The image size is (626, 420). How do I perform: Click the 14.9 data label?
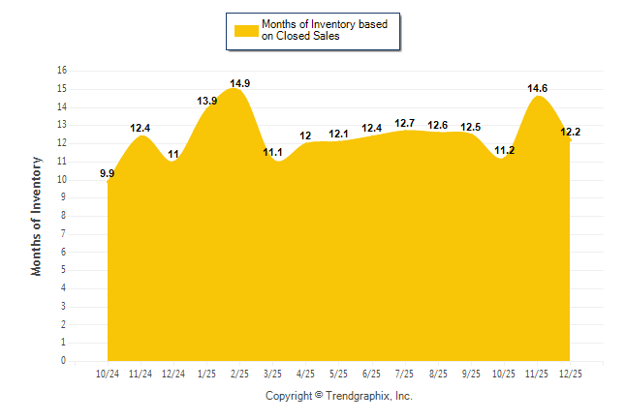(240, 83)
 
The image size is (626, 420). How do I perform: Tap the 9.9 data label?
(108, 174)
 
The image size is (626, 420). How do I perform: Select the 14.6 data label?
(538, 88)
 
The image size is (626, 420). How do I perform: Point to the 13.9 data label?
(206, 102)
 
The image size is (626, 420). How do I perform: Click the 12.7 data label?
(405, 123)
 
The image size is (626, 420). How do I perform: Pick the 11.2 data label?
(505, 150)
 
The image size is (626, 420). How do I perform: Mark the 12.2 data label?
(570, 132)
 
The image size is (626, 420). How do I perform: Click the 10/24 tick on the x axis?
(108, 373)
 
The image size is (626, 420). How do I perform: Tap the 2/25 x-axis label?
(239, 373)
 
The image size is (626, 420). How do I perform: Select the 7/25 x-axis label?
(404, 373)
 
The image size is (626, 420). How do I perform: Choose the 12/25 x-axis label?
(570, 373)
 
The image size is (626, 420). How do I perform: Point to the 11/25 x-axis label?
(537, 373)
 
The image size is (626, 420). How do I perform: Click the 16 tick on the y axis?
(62, 71)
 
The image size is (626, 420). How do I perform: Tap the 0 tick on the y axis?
(64, 361)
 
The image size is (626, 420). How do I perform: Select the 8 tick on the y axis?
(64, 216)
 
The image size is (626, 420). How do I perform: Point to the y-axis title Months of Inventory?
(37, 216)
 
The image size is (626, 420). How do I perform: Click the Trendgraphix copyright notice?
(339, 396)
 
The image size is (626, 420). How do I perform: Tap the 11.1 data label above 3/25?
(272, 152)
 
